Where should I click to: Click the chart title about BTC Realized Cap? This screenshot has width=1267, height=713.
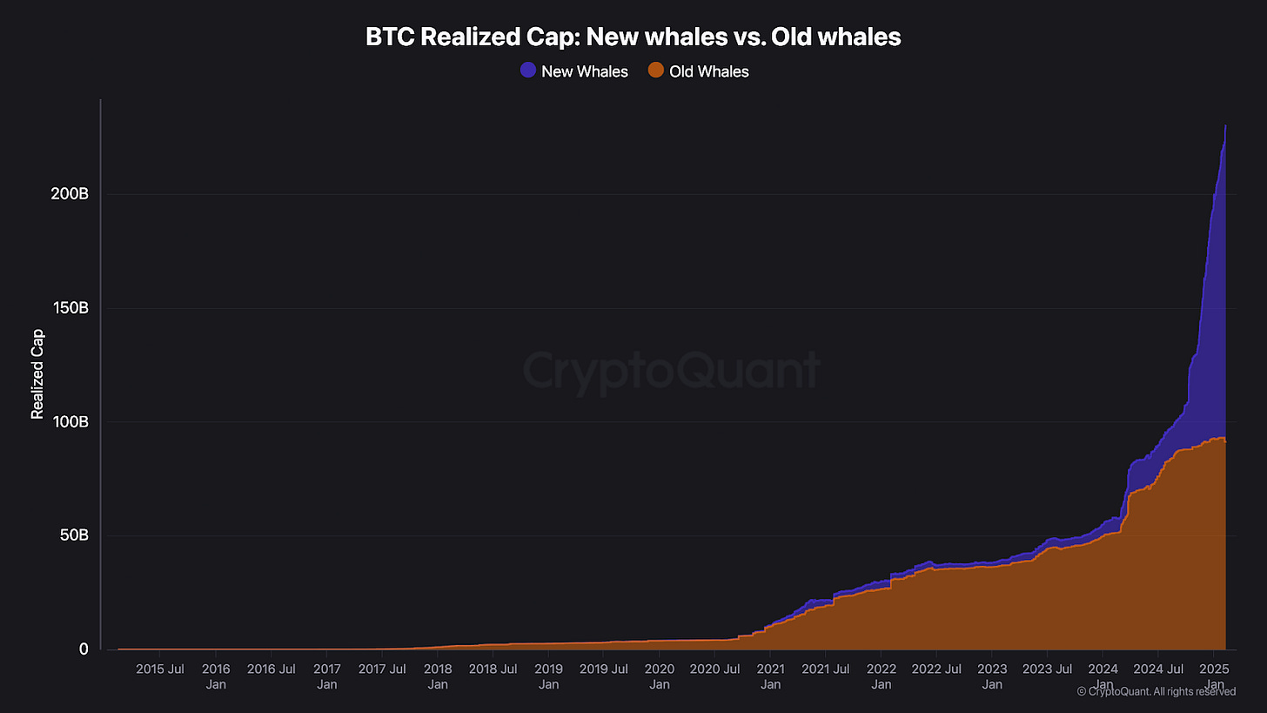pos(633,37)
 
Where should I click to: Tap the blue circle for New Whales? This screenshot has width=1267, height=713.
pos(527,71)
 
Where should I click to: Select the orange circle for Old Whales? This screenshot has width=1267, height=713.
pos(656,71)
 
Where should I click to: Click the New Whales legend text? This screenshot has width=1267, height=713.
pos(584,71)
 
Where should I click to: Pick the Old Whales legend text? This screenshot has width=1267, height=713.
pos(708,71)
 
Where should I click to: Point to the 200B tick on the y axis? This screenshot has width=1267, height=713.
pos(70,194)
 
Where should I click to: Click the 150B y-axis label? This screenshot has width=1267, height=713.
pos(70,308)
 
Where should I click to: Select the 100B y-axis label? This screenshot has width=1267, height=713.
pos(70,422)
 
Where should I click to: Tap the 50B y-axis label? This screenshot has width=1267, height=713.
pos(73,535)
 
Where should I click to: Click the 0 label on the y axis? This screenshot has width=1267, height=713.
pos(84,649)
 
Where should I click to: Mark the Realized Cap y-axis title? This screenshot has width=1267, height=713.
pos(37,374)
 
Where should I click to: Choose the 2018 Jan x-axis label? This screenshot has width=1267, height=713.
pos(438,676)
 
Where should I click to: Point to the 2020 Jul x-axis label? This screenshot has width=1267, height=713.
pos(715,669)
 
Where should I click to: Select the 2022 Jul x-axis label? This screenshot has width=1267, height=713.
pos(937,669)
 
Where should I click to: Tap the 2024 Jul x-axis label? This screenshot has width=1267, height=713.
pos(1158,669)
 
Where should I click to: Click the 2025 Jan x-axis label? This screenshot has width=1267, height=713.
pos(1214,676)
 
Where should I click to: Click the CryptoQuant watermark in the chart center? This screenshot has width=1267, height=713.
pos(671,372)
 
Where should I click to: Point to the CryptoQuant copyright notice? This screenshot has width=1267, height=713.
pos(1156,691)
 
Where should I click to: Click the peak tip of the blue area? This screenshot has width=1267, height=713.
pos(1225,126)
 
